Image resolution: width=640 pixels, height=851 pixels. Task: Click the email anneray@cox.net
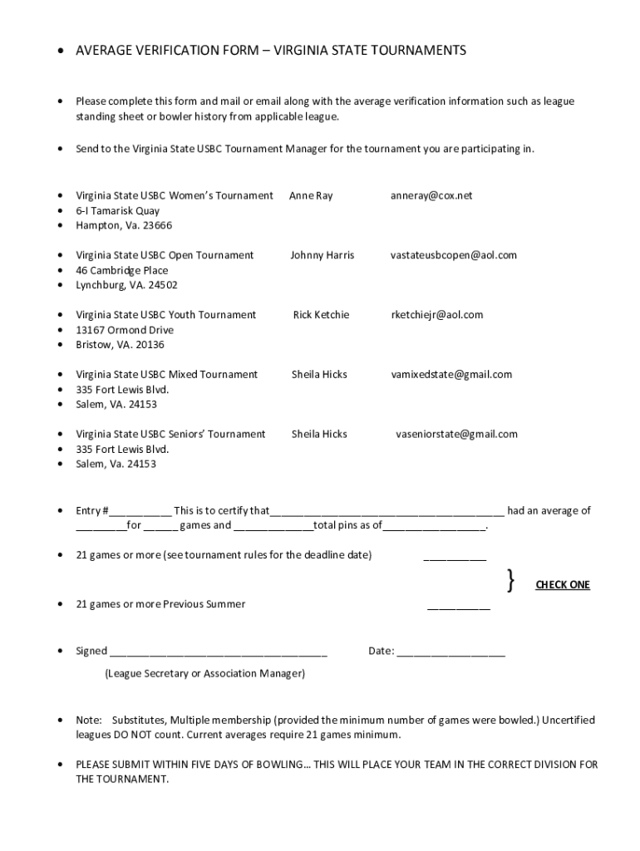click(431, 195)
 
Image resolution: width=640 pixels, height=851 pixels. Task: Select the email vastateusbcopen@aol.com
click(454, 255)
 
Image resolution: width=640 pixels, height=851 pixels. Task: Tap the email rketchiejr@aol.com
click(437, 315)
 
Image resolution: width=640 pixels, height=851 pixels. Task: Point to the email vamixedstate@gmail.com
click(451, 375)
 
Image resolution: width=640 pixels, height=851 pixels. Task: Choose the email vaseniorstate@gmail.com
click(456, 435)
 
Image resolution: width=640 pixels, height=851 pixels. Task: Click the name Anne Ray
click(311, 195)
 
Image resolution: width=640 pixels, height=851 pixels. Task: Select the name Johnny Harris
click(322, 255)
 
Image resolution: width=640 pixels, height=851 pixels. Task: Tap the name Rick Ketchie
click(321, 315)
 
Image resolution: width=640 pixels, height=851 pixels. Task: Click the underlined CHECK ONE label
click(563, 585)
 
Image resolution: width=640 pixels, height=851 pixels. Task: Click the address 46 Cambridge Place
click(122, 270)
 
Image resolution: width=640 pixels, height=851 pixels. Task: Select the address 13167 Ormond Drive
click(125, 330)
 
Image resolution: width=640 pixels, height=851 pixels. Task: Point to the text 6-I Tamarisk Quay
click(118, 210)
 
